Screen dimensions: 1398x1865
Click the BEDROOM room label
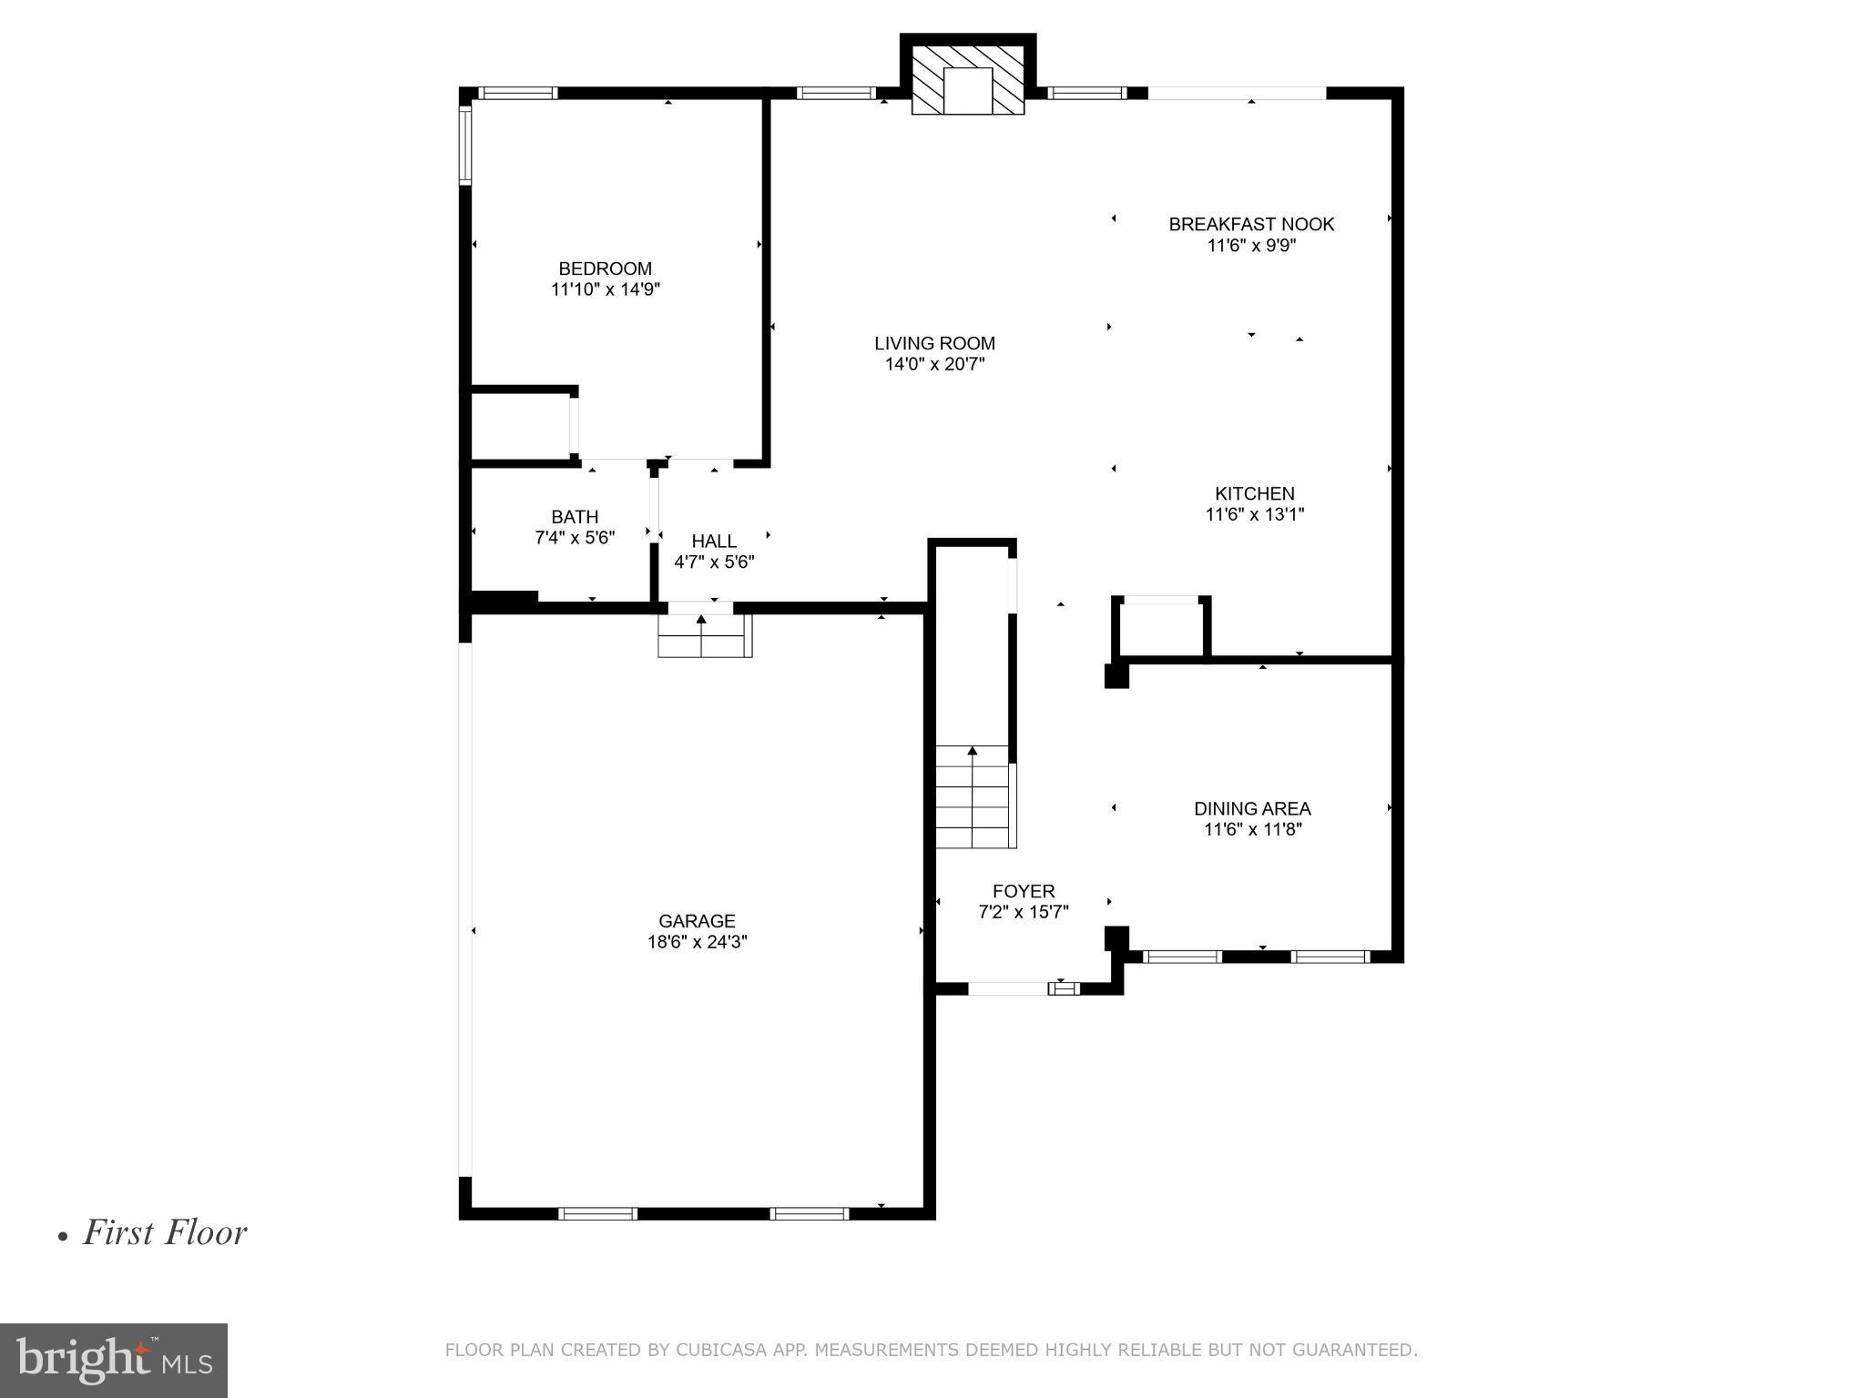605,268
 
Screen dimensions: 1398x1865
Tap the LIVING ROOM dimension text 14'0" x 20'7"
934,365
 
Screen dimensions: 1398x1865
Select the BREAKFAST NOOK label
1251,224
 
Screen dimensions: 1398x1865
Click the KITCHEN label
1254,493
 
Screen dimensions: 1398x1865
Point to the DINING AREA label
1252,808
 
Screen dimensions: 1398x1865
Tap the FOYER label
1024,891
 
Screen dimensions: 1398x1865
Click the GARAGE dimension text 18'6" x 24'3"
697,942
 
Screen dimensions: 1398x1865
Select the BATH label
575,517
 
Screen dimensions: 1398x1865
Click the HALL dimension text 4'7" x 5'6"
714,562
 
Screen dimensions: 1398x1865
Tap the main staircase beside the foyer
973,796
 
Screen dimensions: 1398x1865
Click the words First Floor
165,1233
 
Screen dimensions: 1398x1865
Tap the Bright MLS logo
114,1361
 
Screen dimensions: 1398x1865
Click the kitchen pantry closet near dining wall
1160,628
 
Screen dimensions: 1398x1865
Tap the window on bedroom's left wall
465,146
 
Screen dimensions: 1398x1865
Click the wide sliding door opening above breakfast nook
1237,93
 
